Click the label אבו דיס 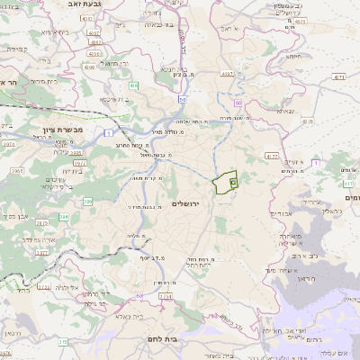click(x=272, y=213)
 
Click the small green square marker click(x=232, y=183)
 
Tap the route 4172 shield click(x=271, y=156)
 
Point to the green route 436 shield click(x=132, y=85)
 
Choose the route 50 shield click(x=182, y=100)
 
